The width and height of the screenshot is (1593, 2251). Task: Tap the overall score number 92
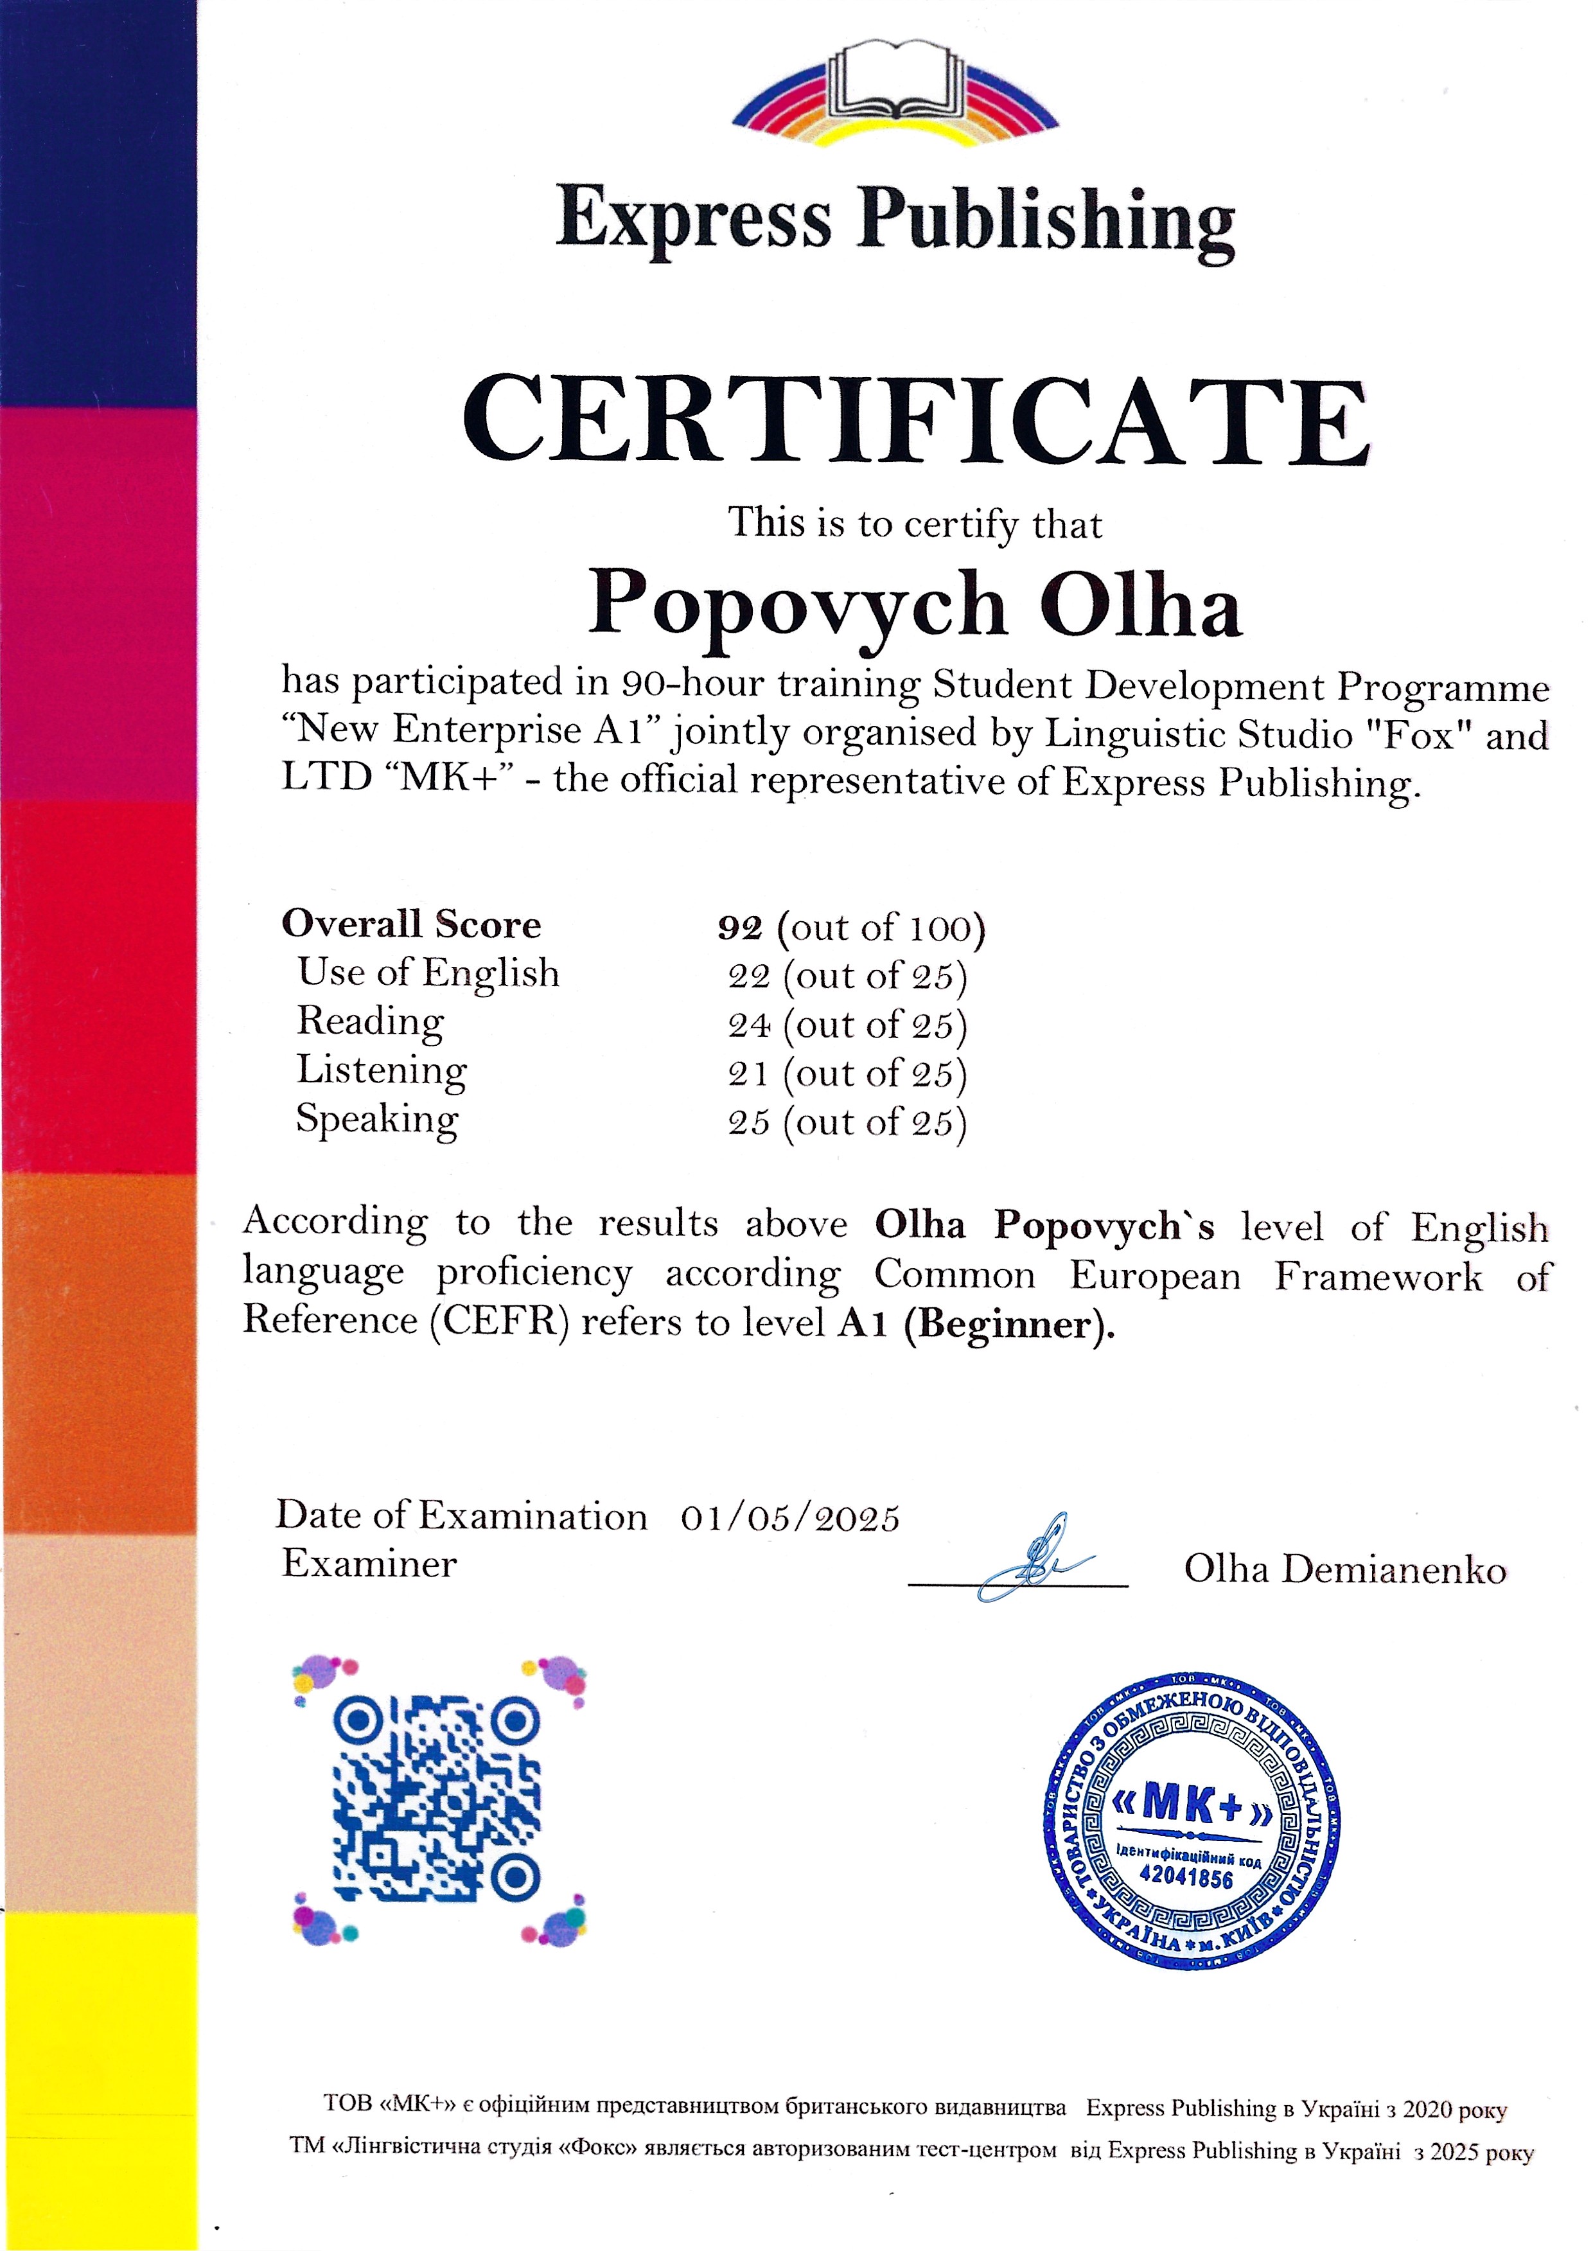pos(739,927)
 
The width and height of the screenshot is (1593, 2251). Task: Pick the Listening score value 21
pos(748,1074)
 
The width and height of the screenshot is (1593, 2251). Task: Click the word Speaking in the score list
pos(376,1119)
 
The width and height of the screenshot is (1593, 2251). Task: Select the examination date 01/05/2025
pos(789,1518)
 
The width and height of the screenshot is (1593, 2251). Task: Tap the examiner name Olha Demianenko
pos(1344,1569)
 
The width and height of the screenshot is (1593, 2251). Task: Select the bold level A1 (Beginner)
pos(976,1324)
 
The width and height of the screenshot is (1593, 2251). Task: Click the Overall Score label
pos(411,924)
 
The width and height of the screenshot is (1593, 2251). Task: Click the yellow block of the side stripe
pos(98,2079)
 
